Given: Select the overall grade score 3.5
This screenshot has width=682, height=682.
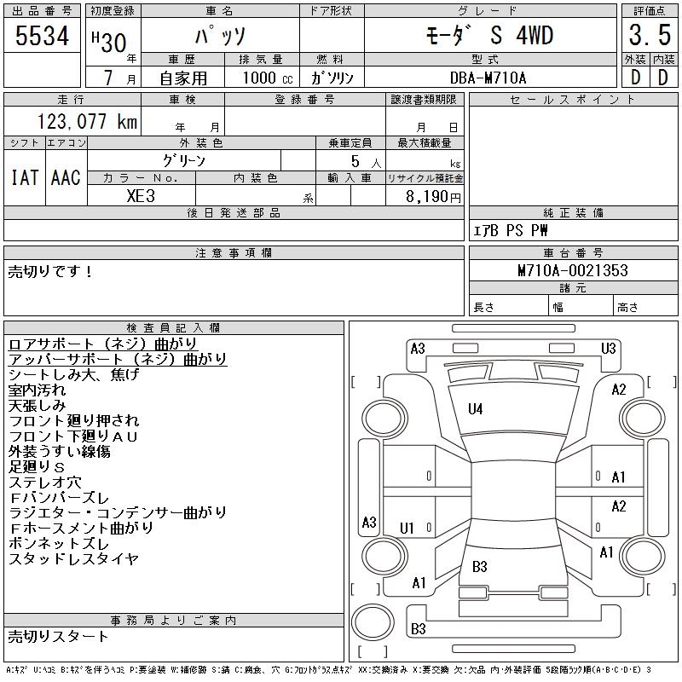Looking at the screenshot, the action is coord(648,36).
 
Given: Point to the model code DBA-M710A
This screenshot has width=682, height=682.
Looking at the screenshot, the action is coord(488,78).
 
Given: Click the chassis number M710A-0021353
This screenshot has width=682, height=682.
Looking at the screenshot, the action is coord(573,270).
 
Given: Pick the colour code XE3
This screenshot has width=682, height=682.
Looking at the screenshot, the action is coord(142,195).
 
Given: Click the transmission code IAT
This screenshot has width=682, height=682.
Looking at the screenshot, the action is coord(24,177).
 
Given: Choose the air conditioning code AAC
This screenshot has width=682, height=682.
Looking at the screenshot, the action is coord(66,177).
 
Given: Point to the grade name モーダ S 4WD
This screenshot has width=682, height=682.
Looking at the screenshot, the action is coord(489,36).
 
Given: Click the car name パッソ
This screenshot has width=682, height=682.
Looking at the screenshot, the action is coord(220,37).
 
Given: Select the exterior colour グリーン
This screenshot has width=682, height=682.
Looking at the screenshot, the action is coord(184,160).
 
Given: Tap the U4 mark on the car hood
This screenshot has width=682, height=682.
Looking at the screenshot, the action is coord(476,409).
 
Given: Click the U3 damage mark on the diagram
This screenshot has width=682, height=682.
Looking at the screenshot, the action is coord(608,348).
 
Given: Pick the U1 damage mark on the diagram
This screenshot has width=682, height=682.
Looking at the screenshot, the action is coord(407,529).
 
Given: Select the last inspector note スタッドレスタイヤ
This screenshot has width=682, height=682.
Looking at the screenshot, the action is coord(73,559).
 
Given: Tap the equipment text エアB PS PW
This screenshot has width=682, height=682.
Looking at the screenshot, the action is coord(511,230).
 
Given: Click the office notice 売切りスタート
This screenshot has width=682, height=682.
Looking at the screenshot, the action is coord(59,636).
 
